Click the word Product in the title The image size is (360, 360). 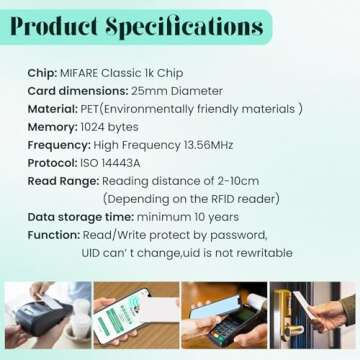(60, 27)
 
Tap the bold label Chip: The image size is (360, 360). (43, 73)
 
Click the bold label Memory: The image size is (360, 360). (53, 127)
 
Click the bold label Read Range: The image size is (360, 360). (63, 181)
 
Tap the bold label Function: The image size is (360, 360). (54, 235)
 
